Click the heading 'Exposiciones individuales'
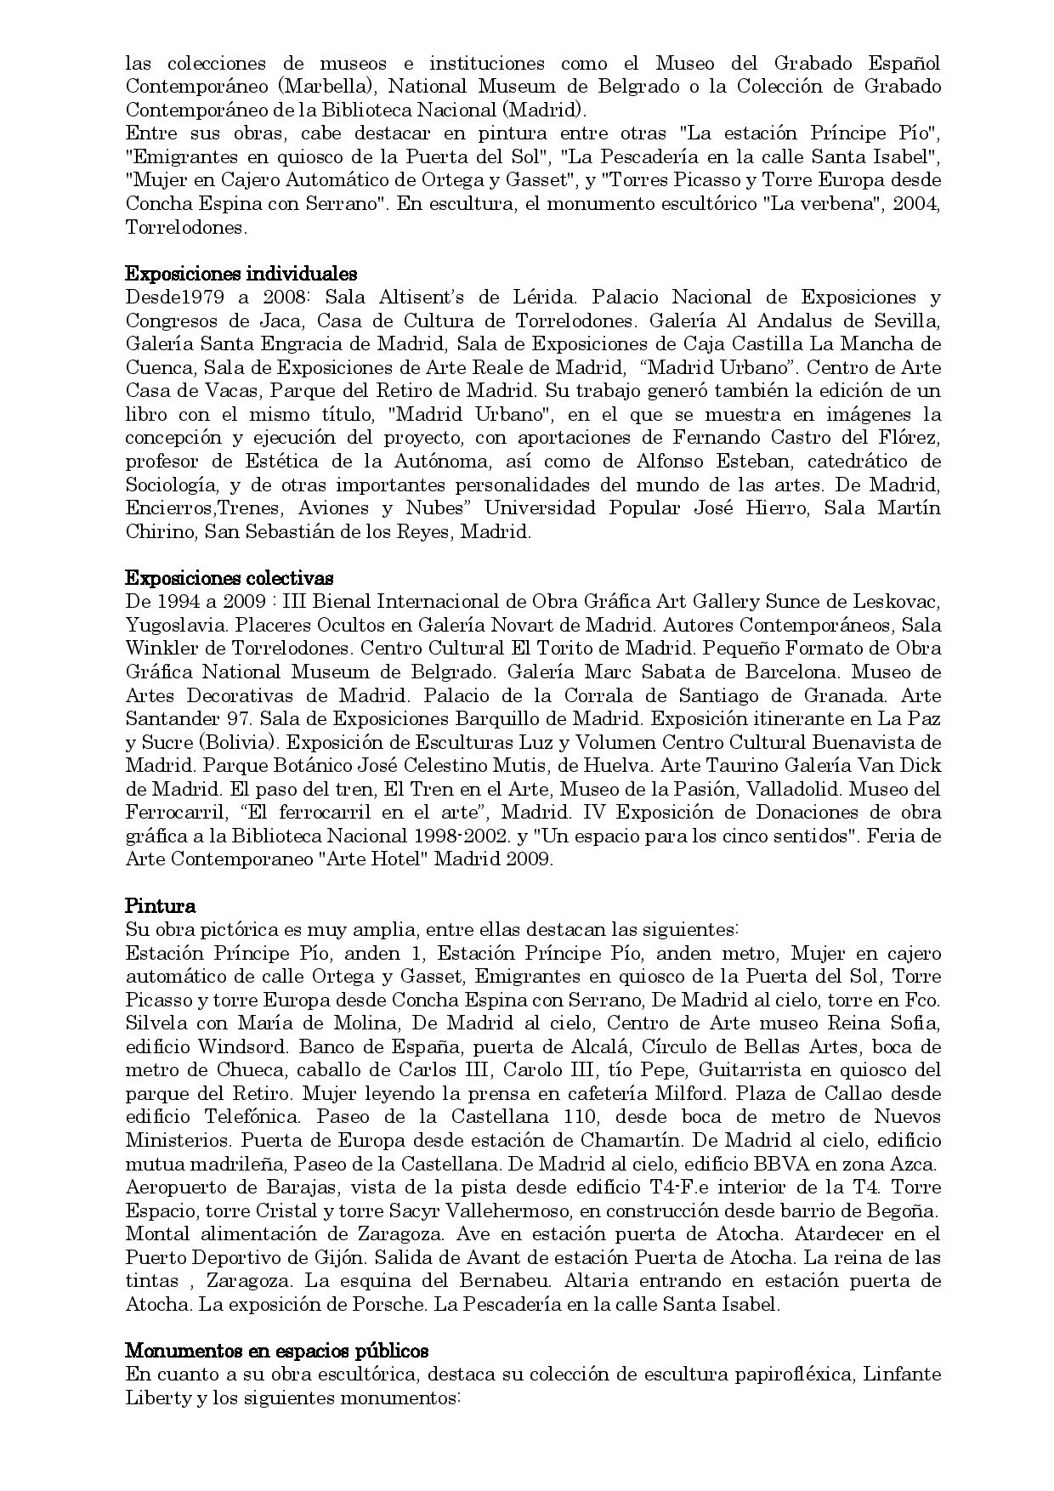[x=241, y=274]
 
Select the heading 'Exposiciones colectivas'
[x=229, y=578]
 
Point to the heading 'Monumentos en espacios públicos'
[x=277, y=1351]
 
